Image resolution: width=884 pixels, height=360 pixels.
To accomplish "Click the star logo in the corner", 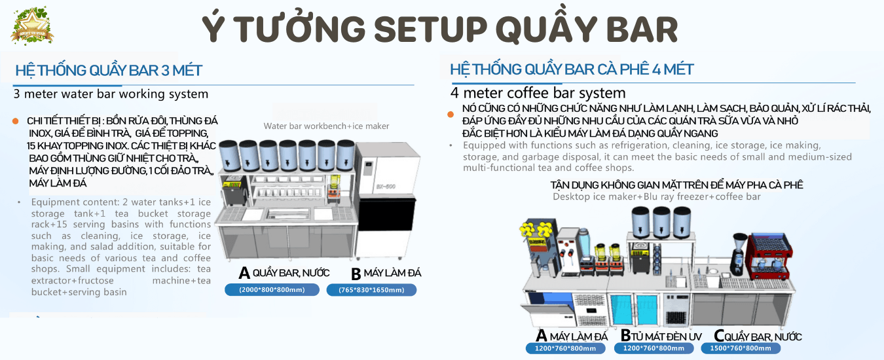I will click(32, 26).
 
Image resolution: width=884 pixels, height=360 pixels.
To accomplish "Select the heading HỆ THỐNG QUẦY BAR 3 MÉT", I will click(109, 70).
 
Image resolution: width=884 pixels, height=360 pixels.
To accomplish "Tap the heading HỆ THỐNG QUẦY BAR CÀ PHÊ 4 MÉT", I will click(572, 69).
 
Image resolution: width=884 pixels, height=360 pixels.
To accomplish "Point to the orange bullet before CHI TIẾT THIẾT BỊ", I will click(16, 121).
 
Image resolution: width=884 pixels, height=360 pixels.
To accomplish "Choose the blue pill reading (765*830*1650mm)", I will click(371, 289).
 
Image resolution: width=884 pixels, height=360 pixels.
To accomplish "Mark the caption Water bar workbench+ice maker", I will click(326, 126).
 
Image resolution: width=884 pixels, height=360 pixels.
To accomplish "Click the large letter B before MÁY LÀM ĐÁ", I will click(356, 273).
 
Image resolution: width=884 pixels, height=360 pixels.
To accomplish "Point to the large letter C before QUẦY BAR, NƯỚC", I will click(719, 336).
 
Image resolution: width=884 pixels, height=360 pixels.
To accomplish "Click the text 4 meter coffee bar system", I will click(538, 93).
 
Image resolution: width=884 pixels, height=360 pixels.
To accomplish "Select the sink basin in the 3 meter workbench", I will click(287, 213).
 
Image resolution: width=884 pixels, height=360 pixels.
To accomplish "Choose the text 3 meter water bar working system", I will click(111, 94).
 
